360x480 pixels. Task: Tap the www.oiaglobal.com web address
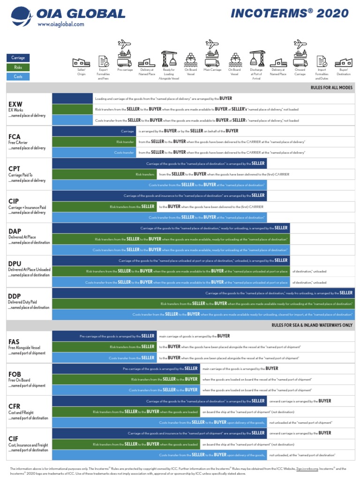coord(60,24)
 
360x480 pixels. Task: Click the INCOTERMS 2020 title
coord(290,13)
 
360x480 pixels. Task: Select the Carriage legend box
coord(18,58)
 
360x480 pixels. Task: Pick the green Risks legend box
coord(18,67)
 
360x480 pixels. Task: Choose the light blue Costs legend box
coord(18,76)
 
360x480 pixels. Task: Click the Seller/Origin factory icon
coord(81,62)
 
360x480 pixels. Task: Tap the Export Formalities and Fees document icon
coord(103,61)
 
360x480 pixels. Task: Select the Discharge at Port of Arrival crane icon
coord(256,59)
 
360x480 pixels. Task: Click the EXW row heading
coord(15,104)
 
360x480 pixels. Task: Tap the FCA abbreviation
coord(15,137)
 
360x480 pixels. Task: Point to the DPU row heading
coord(15,263)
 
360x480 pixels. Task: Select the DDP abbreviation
coord(15,296)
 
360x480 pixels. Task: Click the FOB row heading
coord(15,374)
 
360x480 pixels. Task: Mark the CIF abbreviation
coord(14,438)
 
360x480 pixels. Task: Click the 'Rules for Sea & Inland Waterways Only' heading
coord(312,325)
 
